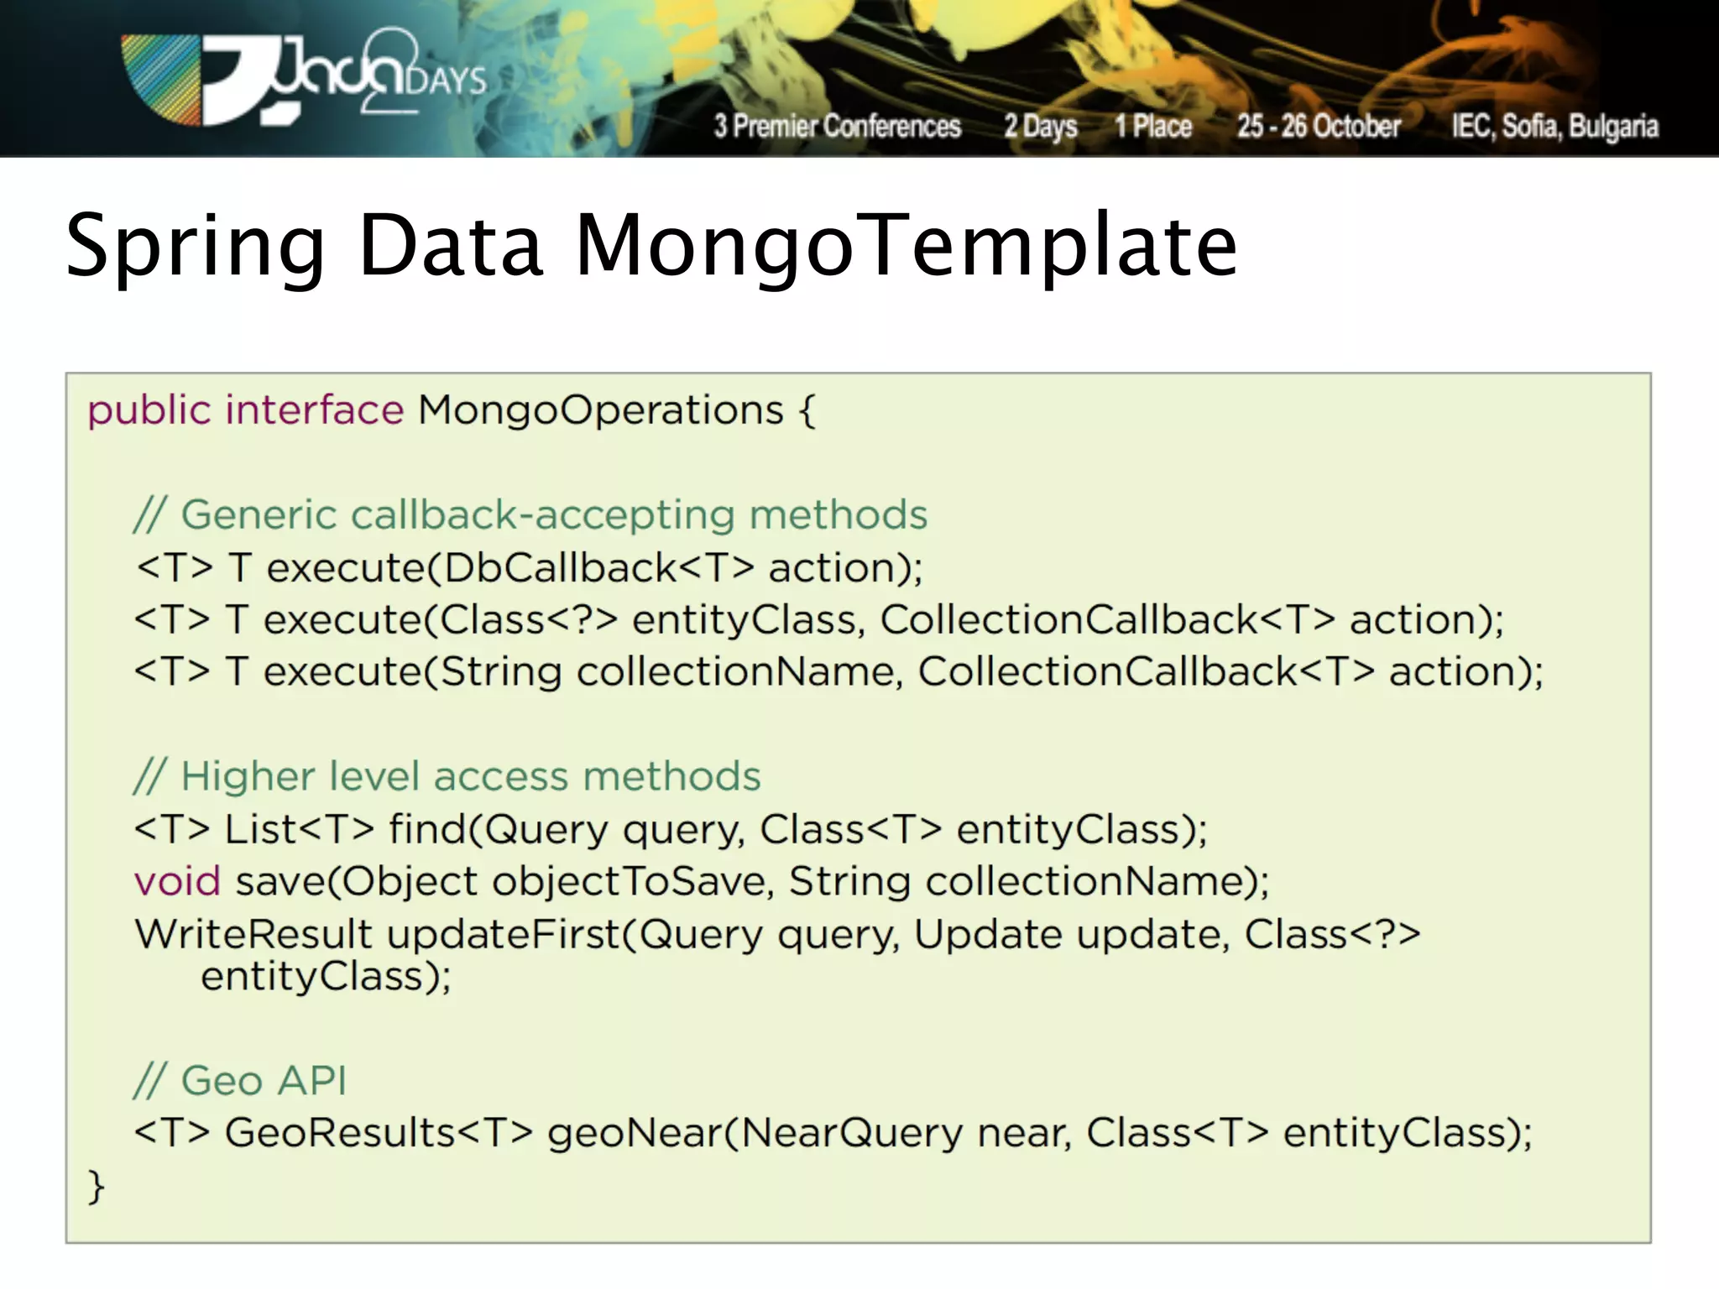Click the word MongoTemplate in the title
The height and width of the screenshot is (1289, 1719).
tap(907, 245)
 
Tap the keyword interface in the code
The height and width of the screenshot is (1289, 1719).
tap(315, 410)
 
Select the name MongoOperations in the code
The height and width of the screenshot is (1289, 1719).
tap(600, 410)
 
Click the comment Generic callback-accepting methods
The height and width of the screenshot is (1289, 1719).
tap(530, 514)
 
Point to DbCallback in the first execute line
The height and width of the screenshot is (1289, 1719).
tap(559, 568)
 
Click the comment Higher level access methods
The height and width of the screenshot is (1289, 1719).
tap(447, 776)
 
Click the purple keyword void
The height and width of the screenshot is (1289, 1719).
tap(177, 882)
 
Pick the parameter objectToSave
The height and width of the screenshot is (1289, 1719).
tap(628, 882)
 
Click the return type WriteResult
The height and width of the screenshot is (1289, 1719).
tap(253, 934)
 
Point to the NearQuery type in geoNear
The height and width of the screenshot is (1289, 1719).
tap(851, 1133)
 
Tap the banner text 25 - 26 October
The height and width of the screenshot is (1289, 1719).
tap(1319, 126)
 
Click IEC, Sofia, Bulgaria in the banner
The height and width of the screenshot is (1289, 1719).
tap(1554, 126)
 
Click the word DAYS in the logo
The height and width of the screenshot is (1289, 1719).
tap(446, 81)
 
